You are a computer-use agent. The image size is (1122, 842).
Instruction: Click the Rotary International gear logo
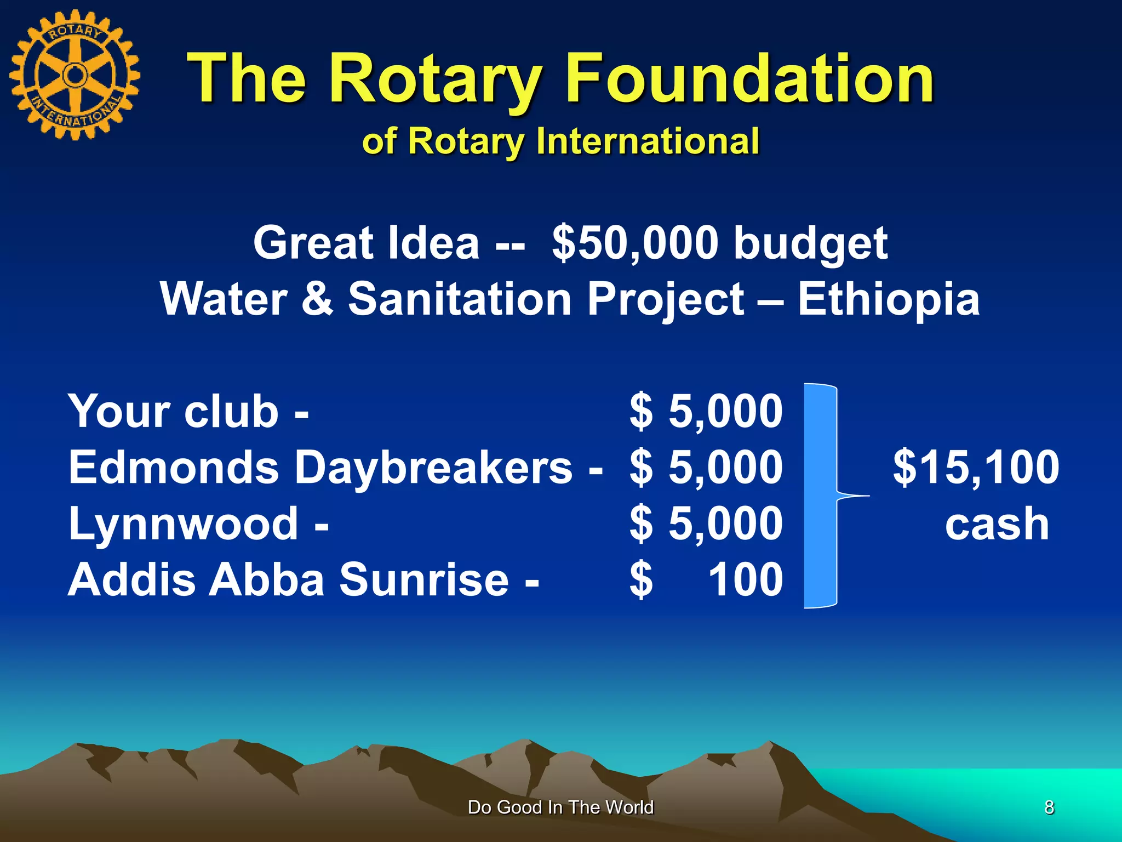[75, 75]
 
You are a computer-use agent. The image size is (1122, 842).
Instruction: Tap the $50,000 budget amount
[635, 243]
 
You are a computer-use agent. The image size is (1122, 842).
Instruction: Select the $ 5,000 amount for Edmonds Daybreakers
[706, 467]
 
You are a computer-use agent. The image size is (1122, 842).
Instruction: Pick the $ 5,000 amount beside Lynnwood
[706, 524]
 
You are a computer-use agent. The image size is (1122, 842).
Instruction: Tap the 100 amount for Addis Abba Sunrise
[745, 579]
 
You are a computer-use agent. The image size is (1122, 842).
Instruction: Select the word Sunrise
[424, 579]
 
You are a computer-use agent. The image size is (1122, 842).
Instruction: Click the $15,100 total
[976, 467]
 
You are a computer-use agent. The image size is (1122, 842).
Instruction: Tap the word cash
[997, 525]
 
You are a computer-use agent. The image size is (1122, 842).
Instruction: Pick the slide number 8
[1049, 807]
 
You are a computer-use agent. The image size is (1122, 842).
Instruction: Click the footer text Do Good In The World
[560, 807]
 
